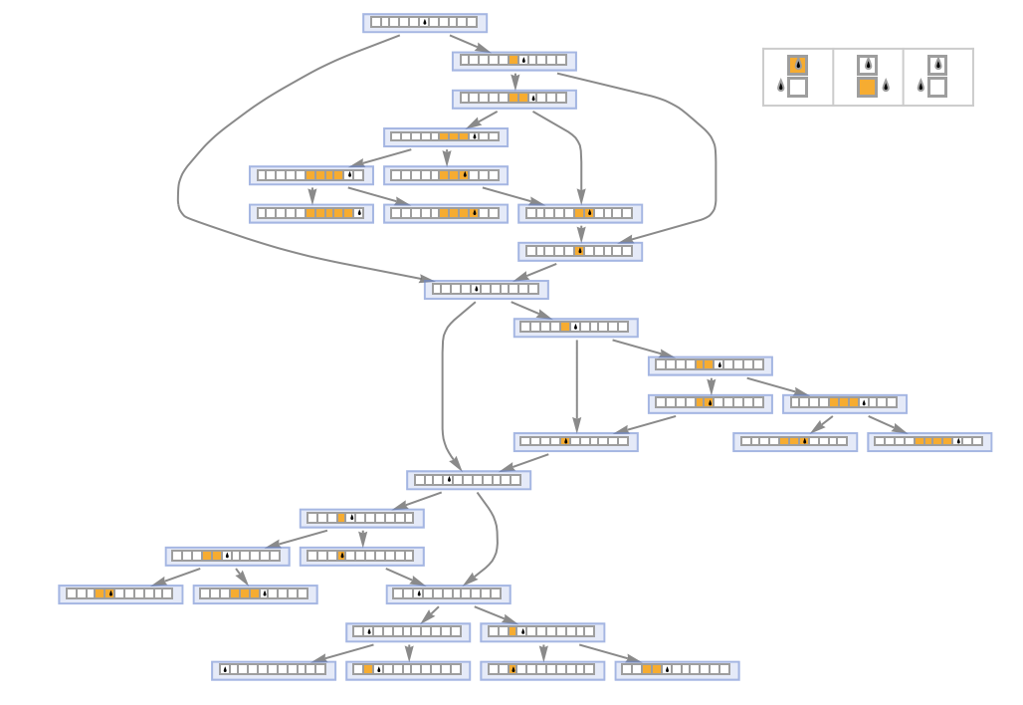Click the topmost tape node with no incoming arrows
pos(424,22)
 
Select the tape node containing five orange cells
pos(310,213)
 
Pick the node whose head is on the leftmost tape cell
pos(273,670)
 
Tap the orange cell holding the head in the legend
pos(797,66)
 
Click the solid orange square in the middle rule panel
pos(867,87)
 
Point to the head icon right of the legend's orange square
pos(886,87)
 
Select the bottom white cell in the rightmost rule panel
pos(937,87)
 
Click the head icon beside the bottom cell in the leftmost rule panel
pos(781,87)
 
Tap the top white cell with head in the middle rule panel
pos(867,66)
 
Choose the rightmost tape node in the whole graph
pos(928,441)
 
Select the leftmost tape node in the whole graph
pos(119,594)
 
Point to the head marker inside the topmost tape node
pos(424,22)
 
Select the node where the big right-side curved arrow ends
pos(580,251)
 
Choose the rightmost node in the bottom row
pos(676,670)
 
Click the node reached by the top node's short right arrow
pos(513,61)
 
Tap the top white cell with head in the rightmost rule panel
pos(937,66)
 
